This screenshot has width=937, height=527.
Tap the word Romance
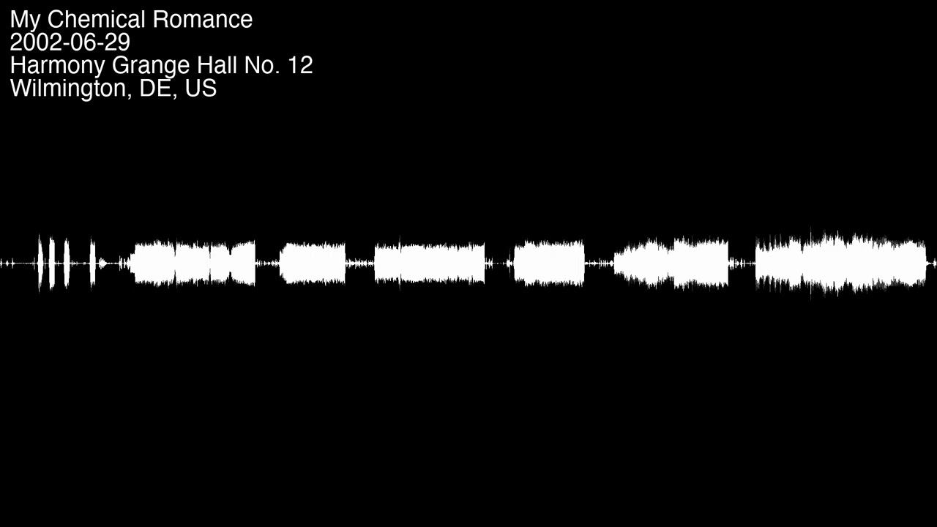click(x=203, y=19)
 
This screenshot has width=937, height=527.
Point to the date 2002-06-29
click(x=70, y=42)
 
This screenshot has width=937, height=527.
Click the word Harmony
click(x=58, y=66)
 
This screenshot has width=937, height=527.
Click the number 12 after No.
click(x=300, y=65)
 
